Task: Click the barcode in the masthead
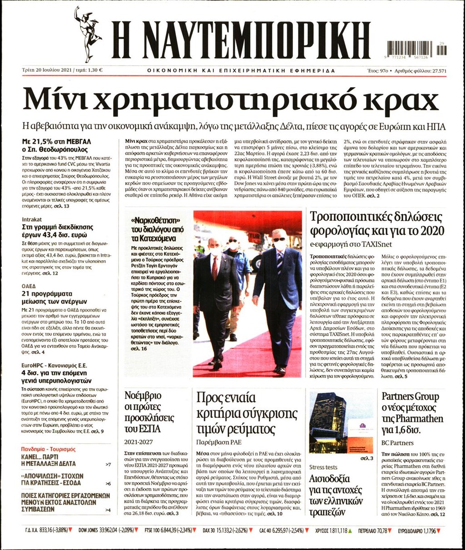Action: (410, 48)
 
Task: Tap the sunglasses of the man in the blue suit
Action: (279, 239)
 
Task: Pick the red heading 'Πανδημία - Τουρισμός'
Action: (49, 449)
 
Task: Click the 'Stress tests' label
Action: (323, 467)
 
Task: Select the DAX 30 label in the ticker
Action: (210, 530)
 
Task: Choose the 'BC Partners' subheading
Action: (397, 443)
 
